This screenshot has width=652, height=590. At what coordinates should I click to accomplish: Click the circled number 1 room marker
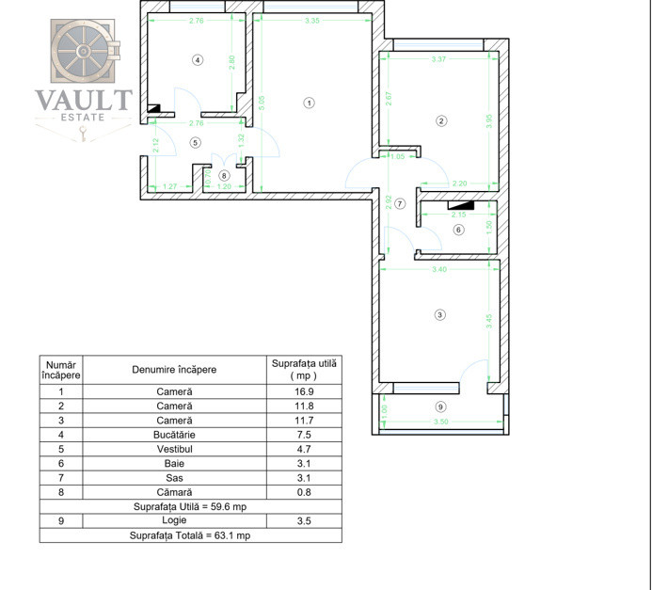point(309,103)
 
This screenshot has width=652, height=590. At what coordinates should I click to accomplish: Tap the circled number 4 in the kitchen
point(197,59)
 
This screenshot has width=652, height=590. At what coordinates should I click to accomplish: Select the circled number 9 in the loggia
point(441,407)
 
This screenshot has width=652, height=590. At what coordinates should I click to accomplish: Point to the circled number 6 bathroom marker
point(458,230)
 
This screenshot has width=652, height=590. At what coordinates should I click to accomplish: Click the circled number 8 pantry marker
point(224,175)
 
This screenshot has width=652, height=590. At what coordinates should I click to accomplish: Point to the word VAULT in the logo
point(84,100)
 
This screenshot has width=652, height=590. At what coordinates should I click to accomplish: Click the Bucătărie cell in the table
point(175,434)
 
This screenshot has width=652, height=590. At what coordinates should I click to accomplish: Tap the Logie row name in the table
point(175,519)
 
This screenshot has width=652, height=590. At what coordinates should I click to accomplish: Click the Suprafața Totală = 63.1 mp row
point(190,534)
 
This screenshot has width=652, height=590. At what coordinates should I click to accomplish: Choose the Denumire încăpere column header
point(175,369)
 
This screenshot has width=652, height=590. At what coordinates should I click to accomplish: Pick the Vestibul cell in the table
point(175,448)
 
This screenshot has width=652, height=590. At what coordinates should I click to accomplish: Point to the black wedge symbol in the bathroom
point(460,202)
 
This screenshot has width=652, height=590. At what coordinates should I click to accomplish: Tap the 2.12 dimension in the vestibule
point(157,146)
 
